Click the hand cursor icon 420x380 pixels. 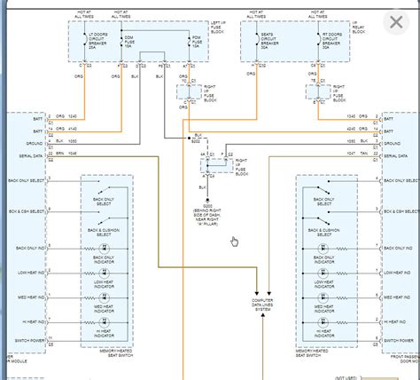[234, 241]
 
